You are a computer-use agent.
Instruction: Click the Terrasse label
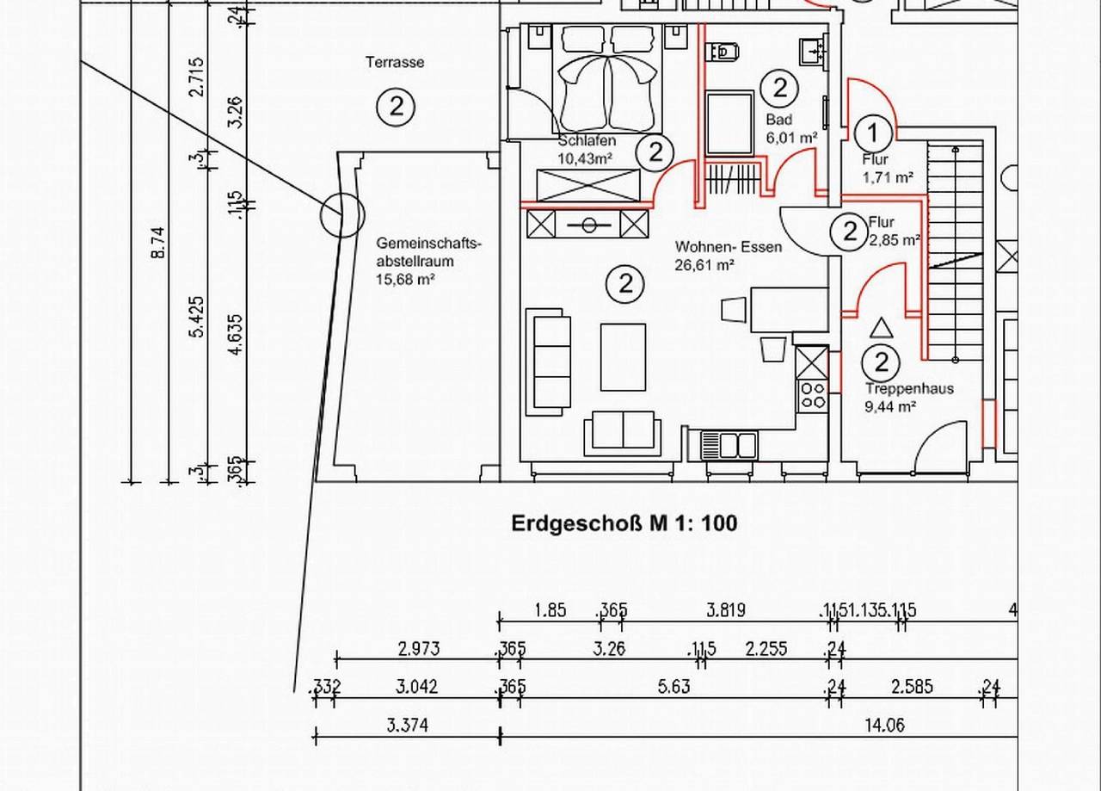395,63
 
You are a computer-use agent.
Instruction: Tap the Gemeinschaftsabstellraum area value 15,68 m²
405,280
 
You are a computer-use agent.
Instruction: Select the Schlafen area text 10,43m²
585,159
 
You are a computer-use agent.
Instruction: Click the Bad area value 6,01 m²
792,138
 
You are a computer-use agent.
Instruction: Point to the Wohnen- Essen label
729,246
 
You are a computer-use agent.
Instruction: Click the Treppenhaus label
909,388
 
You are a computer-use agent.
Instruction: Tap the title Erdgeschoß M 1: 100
624,523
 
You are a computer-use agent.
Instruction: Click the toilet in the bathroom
723,51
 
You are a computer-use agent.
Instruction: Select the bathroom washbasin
815,51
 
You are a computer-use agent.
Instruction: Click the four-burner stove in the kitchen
813,395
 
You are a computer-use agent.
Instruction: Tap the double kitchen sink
729,444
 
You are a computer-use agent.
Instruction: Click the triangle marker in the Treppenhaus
881,328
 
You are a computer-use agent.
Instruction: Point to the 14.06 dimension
884,725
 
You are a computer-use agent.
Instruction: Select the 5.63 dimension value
674,686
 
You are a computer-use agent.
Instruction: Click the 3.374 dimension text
408,725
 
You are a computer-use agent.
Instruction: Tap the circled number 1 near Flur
873,133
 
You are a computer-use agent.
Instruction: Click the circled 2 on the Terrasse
396,107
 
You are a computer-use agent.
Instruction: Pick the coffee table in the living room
623,357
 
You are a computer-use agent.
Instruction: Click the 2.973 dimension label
419,649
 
